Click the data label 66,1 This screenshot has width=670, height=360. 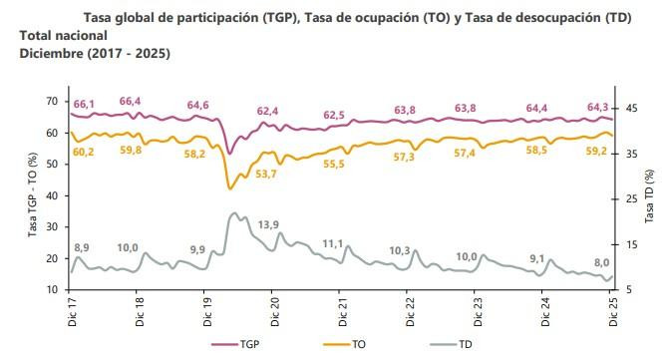click(84, 104)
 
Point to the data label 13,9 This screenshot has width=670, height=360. click(268, 225)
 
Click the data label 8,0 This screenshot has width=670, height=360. click(602, 262)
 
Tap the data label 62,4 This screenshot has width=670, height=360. click(267, 112)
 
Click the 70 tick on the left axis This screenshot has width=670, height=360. click(52, 101)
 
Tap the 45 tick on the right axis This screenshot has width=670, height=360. click(632, 108)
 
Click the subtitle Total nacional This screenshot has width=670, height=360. click(61, 35)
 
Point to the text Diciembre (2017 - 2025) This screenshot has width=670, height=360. click(95, 51)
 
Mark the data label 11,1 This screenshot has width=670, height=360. click(333, 243)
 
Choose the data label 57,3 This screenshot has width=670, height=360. click(404, 158)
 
